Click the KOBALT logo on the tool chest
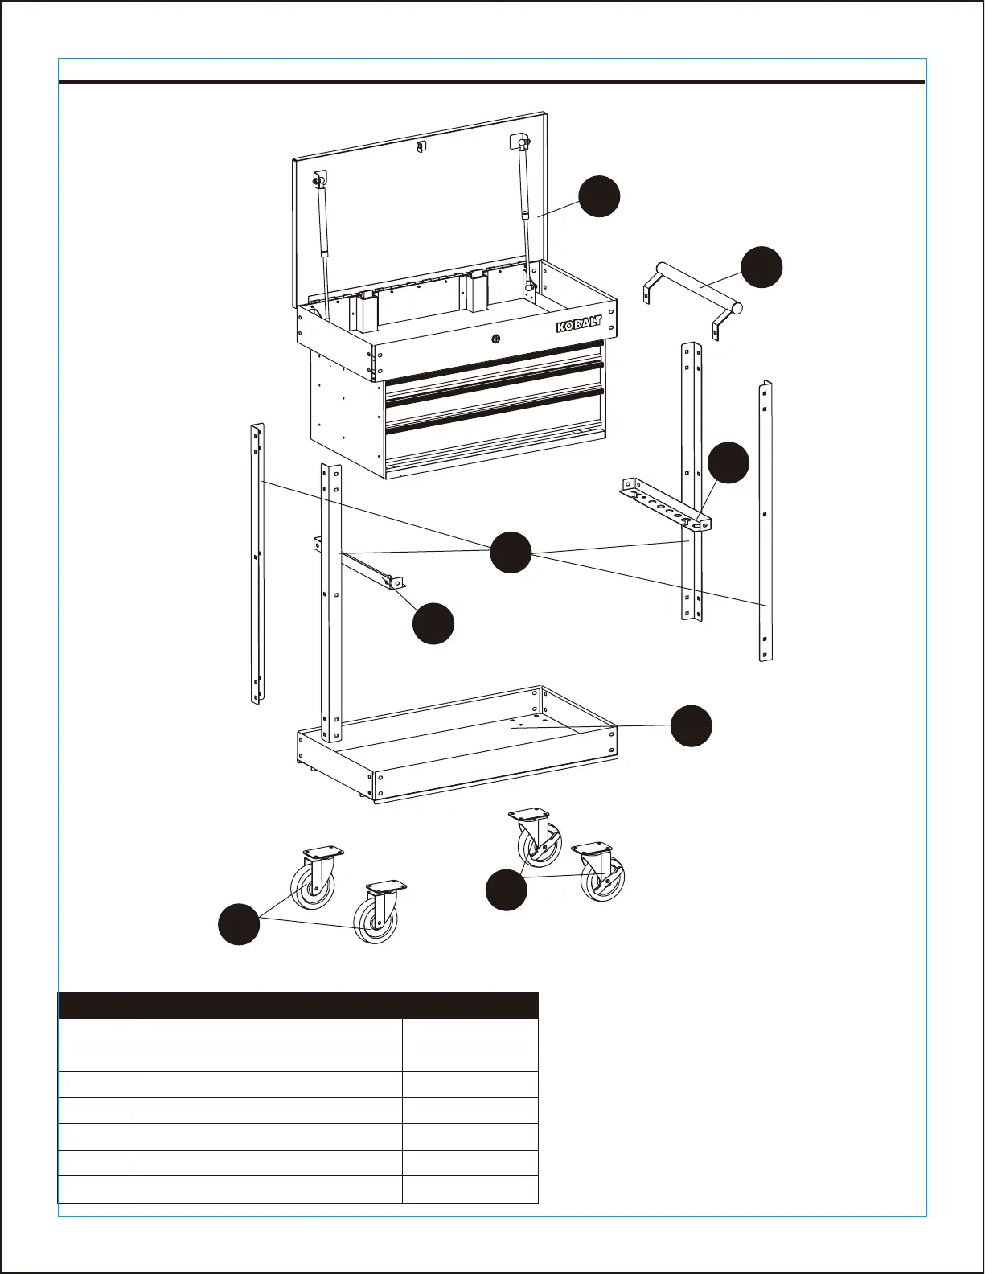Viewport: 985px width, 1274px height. [x=579, y=323]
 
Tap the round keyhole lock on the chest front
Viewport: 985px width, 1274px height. [x=496, y=339]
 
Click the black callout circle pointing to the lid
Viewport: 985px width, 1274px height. [x=599, y=195]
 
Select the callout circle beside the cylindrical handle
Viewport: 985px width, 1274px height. [x=761, y=267]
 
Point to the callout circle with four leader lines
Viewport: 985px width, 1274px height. [x=511, y=552]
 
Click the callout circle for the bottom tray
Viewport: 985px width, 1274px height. [x=692, y=725]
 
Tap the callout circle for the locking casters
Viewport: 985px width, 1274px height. [x=507, y=890]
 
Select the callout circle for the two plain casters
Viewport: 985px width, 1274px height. [x=239, y=923]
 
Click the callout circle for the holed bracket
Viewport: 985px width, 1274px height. [x=728, y=462]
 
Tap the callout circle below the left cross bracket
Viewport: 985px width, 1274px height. [x=433, y=623]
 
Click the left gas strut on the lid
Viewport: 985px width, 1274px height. [x=324, y=233]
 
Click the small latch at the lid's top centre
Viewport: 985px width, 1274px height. [x=420, y=146]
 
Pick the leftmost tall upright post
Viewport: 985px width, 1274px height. [x=257, y=563]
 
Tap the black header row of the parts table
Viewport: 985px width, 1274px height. [x=298, y=1005]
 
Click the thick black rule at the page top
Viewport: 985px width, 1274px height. [x=492, y=81]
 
